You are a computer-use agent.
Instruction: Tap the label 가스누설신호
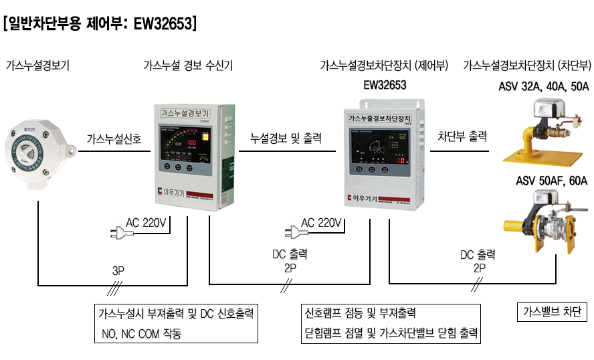point(114,139)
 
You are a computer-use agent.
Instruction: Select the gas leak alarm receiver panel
point(190,159)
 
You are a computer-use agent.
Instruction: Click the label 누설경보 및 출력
point(286,139)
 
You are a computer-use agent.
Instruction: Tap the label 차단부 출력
point(462,136)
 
